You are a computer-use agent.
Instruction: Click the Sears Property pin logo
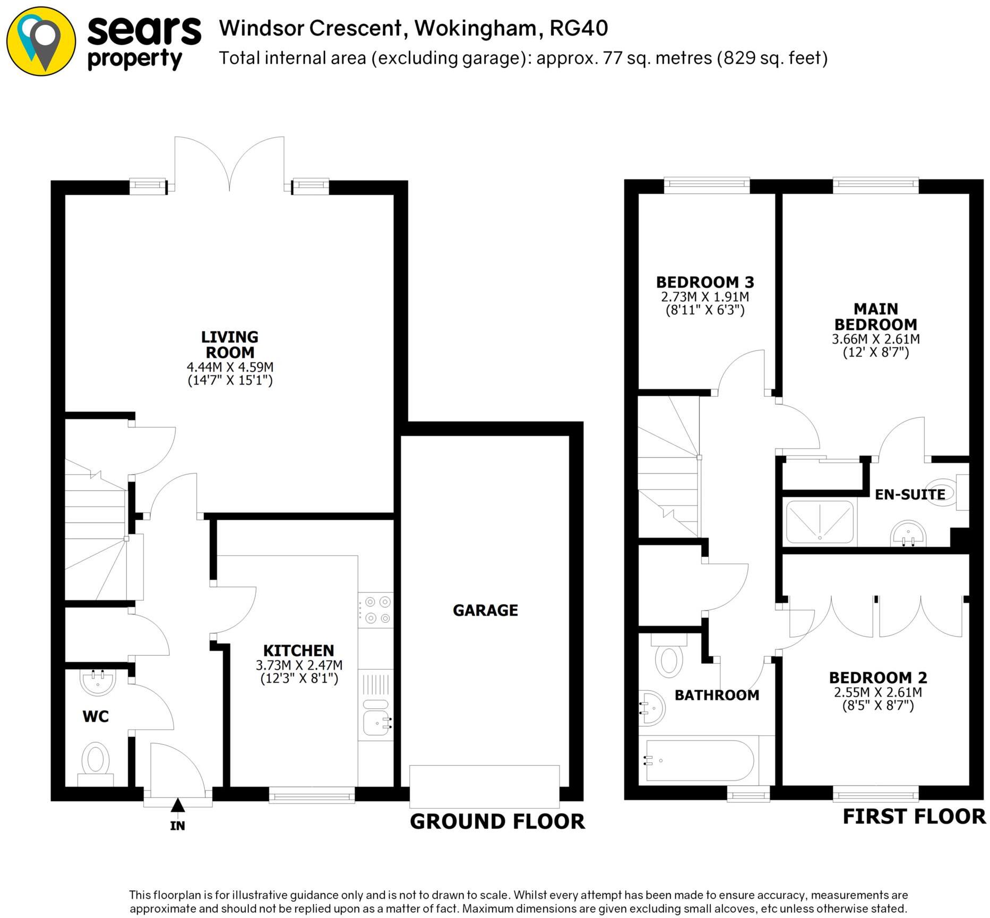[41, 41]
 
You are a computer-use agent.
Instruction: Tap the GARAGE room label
[485, 610]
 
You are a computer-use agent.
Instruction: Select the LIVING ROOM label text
[229, 345]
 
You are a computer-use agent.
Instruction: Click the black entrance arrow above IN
[177, 805]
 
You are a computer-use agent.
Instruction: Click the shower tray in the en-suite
[820, 522]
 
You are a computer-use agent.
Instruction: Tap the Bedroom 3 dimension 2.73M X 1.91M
[705, 296]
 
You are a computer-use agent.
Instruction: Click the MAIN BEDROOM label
[875, 316]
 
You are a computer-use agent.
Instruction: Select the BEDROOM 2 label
[878, 677]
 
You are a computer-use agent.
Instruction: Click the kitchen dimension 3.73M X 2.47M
[299, 665]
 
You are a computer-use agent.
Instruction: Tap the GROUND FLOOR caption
[497, 821]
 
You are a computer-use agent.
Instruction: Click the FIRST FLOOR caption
[914, 816]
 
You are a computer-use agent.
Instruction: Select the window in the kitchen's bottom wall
[312, 796]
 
